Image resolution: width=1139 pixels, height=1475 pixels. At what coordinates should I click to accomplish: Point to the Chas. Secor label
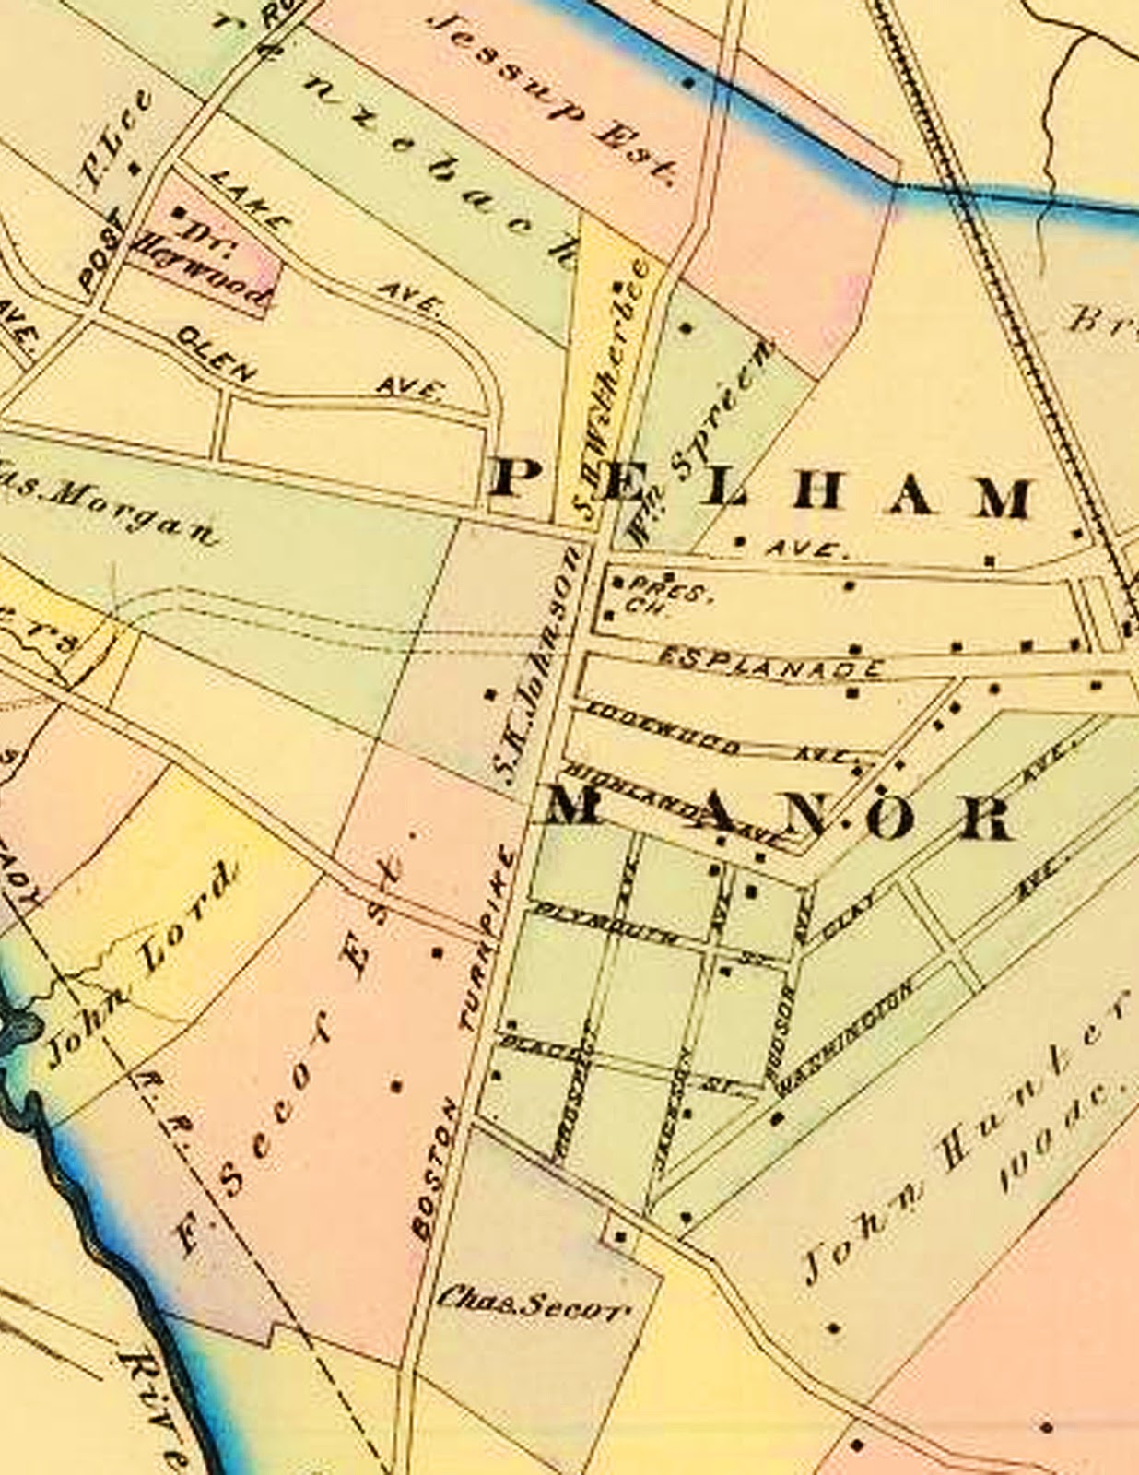pyautogui.click(x=534, y=1303)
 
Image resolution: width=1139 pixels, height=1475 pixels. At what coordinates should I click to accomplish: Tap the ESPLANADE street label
pyautogui.click(x=771, y=662)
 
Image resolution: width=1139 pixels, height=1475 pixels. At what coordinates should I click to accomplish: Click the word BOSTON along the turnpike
pyautogui.click(x=433, y=1169)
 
